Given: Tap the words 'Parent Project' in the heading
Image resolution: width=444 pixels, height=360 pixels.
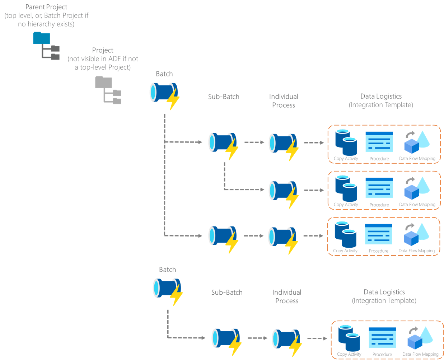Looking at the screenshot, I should click(46, 7).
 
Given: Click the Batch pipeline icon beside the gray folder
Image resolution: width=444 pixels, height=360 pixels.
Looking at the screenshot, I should click(163, 94).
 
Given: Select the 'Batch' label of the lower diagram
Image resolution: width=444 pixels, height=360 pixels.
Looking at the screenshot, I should click(167, 270).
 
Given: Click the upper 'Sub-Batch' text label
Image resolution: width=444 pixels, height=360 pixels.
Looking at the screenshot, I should click(224, 97).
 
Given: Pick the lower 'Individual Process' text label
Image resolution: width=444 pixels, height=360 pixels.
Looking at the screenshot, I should click(286, 296).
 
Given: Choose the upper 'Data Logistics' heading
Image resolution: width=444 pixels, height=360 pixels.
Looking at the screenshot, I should click(381, 96).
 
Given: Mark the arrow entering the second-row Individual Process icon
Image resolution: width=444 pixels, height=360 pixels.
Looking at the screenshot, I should click(248, 189).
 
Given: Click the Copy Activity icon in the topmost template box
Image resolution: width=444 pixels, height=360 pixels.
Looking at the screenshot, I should click(346, 142).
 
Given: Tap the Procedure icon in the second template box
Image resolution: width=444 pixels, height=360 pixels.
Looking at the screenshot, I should click(379, 188).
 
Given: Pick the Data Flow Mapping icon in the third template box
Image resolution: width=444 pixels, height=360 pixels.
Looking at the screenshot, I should click(416, 234).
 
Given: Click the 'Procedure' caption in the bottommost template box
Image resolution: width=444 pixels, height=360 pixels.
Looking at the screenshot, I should click(382, 354).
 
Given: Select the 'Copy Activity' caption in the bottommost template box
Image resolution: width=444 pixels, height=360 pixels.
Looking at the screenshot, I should click(349, 354).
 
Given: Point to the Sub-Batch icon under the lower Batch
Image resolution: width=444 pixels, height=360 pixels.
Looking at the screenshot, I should click(225, 340).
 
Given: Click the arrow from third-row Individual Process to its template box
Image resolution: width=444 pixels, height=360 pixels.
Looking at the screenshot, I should click(313, 236).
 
